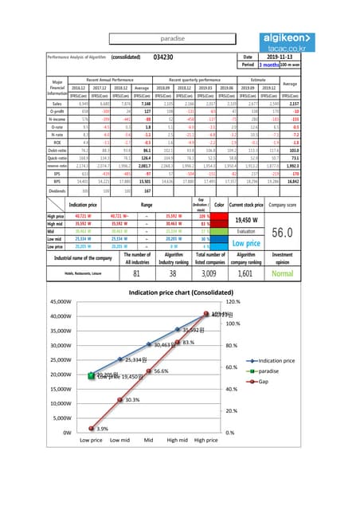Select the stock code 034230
point(164,57)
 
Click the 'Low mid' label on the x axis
point(119,439)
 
